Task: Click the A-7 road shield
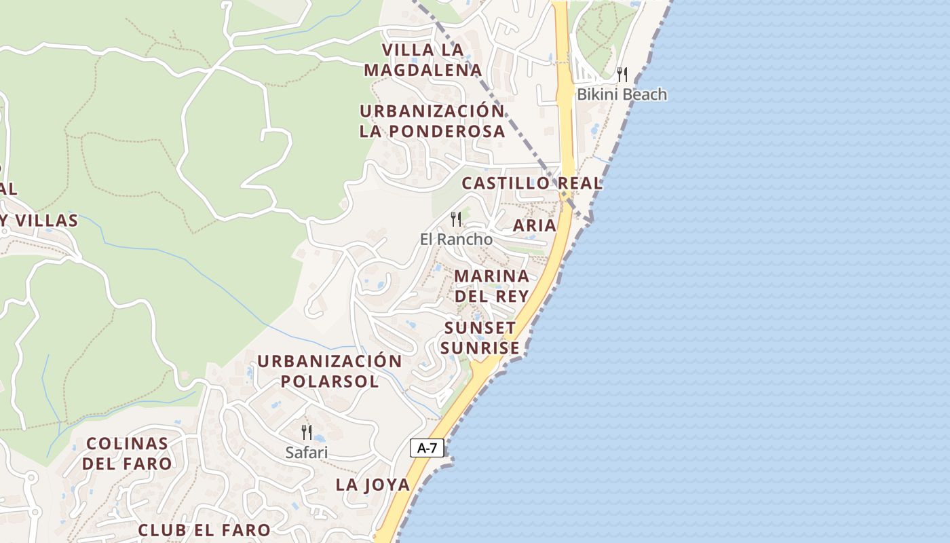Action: (427, 448)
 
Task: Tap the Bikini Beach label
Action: (622, 94)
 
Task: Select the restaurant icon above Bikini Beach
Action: (622, 74)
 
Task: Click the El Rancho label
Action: (456, 239)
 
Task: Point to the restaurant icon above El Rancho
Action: (456, 219)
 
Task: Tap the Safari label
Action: (307, 452)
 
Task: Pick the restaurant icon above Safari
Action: (307, 432)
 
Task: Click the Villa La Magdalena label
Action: (423, 60)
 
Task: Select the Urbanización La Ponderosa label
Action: (432, 121)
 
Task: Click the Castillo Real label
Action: (532, 183)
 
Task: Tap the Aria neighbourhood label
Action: (535, 225)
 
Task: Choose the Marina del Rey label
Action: (492, 286)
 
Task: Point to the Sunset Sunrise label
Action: (481, 338)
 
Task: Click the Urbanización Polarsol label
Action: (330, 371)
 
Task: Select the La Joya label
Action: (373, 485)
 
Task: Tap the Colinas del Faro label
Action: (128, 453)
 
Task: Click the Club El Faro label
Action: (204, 529)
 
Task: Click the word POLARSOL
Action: (330, 381)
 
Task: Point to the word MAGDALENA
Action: (423, 70)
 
